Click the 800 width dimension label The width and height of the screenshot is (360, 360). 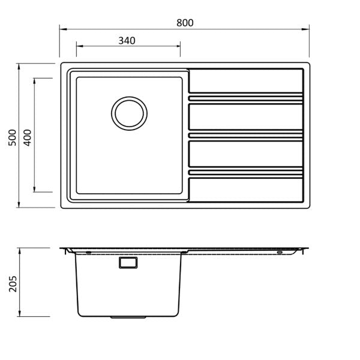click(x=185, y=23)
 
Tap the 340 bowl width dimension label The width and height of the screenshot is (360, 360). click(x=127, y=41)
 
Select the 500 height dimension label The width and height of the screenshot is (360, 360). click(x=12, y=137)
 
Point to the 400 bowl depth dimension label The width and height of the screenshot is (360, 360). click(x=28, y=137)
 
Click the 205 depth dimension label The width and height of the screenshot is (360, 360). click(x=13, y=284)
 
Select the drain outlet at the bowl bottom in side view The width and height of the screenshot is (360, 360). click(x=128, y=317)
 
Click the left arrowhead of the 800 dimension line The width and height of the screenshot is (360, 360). click(x=63, y=29)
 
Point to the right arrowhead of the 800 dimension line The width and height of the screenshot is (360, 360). click(x=305, y=29)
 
